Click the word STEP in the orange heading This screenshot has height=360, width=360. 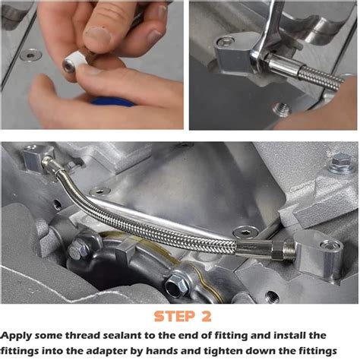pos(175,317)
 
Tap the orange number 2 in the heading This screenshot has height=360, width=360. pos(207,317)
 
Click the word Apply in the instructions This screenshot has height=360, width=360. pos(17,336)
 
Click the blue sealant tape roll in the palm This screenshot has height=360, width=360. pos(112,101)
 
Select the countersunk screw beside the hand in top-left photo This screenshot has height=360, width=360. pos(30,55)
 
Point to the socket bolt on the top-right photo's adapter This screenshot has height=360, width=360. pos(226,42)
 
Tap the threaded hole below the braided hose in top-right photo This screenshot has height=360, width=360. pos(282,109)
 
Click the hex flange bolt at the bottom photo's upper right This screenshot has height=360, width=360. pos(340,163)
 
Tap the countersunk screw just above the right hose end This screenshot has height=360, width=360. pos(245,232)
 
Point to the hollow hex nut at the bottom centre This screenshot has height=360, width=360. pos(175,285)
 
